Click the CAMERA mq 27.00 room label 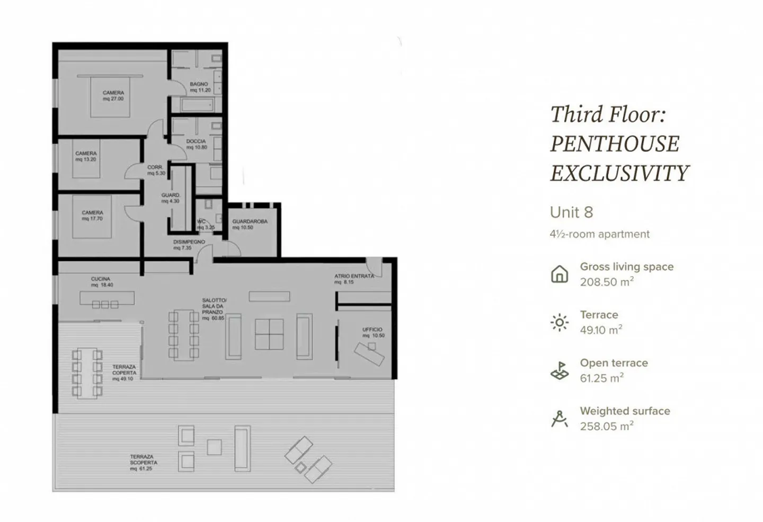click(113, 95)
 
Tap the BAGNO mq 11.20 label click(200, 87)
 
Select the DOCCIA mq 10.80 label click(196, 144)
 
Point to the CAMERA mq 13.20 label click(86, 156)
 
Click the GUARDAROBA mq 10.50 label click(249, 224)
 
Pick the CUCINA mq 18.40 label click(101, 282)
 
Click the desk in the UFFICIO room click(370, 353)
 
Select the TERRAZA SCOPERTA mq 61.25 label click(143, 462)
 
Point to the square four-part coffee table click(269, 334)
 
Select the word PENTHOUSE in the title click(614, 144)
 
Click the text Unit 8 click(571, 213)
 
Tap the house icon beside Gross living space click(560, 274)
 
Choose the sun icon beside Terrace click(560, 322)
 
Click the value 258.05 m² click(606, 426)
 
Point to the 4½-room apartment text click(599, 234)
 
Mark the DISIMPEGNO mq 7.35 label click(189, 244)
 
